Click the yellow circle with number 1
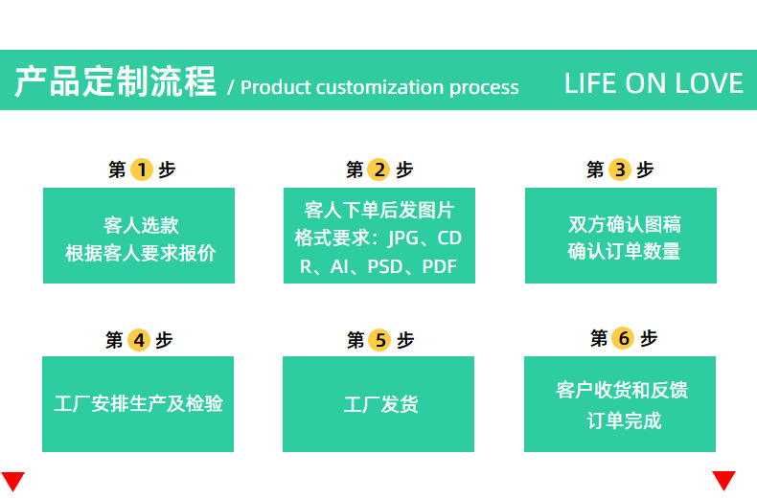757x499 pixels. coord(142,170)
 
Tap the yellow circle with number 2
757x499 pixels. coord(379,170)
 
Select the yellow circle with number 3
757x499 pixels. coord(620,170)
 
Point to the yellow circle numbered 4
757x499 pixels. coord(139,340)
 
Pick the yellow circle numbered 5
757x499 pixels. coord(379,340)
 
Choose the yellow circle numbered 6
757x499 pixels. coord(623,338)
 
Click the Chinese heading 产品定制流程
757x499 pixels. coord(115,82)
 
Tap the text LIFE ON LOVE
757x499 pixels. coord(654,83)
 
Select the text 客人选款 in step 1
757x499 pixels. coord(140,226)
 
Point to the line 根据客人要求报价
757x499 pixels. coord(140,254)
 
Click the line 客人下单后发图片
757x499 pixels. coord(378,210)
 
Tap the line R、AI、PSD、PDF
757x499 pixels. coord(378,267)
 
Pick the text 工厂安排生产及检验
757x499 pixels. coord(138,403)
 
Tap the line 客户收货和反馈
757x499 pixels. coord(622,391)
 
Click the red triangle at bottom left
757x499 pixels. coord(12,481)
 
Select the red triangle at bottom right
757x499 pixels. coord(723,480)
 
